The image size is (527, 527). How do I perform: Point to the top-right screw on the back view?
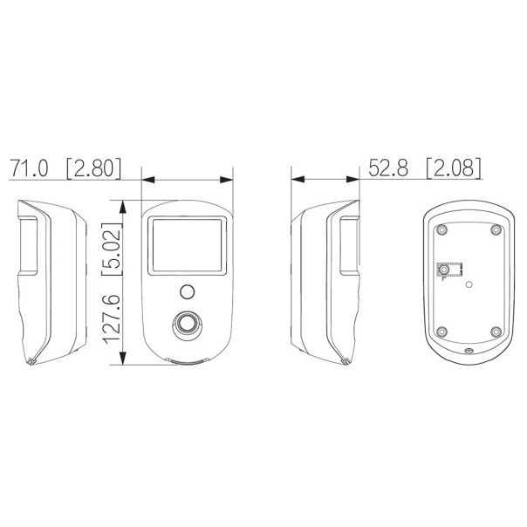496,230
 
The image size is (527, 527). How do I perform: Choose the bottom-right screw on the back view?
496,331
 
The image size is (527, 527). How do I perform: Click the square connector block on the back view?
447,270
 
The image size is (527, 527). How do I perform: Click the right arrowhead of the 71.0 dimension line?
230,181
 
